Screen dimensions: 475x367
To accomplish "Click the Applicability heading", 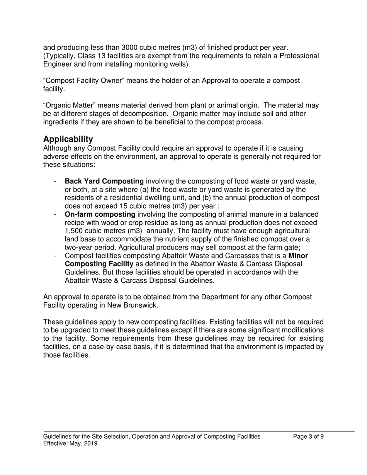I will click(x=68, y=139).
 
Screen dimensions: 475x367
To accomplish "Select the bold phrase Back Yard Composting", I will click(x=104, y=181).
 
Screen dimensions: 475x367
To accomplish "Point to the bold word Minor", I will click(x=298, y=256).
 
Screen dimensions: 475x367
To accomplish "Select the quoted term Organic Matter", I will click(x=67, y=105).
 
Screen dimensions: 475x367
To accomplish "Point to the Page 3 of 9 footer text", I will click(x=308, y=437).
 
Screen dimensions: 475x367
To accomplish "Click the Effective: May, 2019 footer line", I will click(x=70, y=444).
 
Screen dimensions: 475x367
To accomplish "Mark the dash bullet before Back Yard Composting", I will click(x=56, y=182).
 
